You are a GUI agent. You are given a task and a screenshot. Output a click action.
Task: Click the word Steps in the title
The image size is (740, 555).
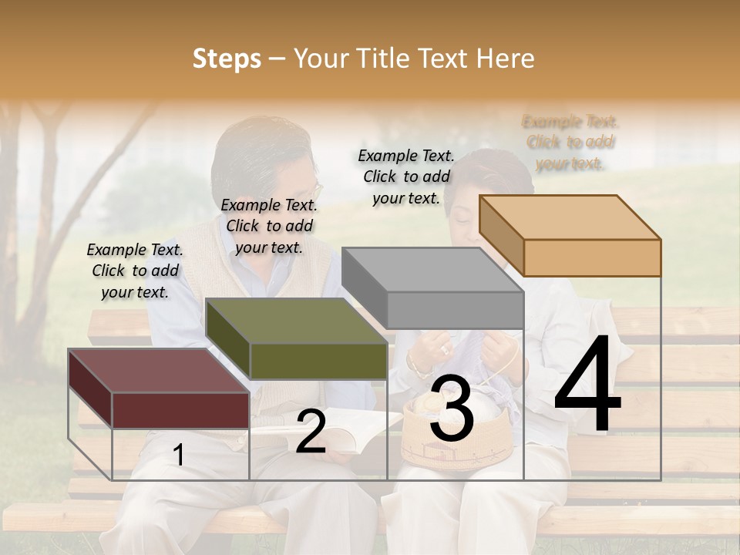[226, 59]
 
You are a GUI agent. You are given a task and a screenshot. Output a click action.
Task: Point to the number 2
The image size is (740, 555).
[311, 432]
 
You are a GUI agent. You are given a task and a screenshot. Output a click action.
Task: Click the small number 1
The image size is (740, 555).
[179, 456]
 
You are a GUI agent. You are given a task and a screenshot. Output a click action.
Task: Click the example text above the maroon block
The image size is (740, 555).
[135, 271]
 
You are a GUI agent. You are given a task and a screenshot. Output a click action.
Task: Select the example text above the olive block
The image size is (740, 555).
[269, 226]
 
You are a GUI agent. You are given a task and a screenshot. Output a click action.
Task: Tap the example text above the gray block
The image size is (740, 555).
[406, 177]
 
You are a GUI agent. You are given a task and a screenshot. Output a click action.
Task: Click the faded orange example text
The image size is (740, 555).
[570, 142]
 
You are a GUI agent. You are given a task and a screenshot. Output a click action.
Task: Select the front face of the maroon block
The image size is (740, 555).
[180, 409]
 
